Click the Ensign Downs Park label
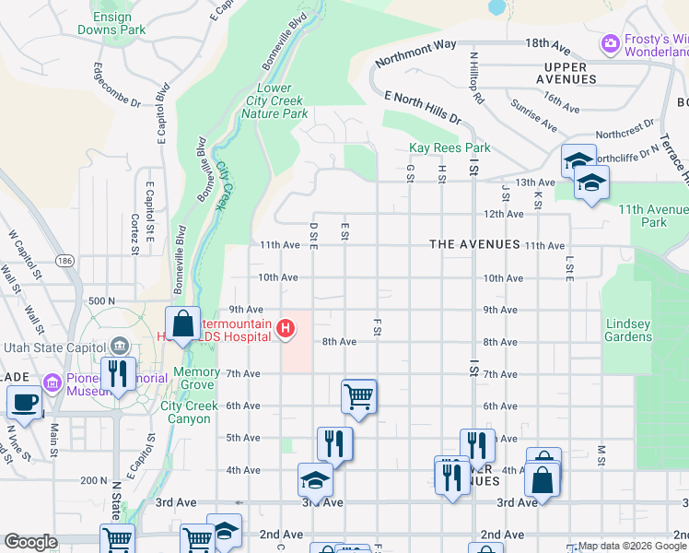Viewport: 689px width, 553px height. click(118, 23)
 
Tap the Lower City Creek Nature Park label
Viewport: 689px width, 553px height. click(274, 101)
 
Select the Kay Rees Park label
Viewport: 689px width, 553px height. click(449, 147)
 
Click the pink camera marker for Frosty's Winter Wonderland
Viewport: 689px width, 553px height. click(609, 43)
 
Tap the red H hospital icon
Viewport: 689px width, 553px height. click(286, 327)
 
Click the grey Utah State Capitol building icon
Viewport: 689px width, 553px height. click(118, 347)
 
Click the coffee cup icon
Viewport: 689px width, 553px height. click(24, 402)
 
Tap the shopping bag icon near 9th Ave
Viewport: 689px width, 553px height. click(182, 324)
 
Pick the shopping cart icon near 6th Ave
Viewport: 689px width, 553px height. click(358, 396)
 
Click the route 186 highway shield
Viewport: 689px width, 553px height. click(64, 260)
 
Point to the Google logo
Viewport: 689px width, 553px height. click(30, 542)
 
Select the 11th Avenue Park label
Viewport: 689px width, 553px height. click(653, 216)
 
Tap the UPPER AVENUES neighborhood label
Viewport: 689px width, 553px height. click(578, 73)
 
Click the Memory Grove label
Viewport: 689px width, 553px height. click(196, 378)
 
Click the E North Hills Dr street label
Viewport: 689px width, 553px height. click(422, 107)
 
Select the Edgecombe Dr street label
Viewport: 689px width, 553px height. click(116, 86)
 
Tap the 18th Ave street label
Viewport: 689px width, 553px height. click(549, 43)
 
